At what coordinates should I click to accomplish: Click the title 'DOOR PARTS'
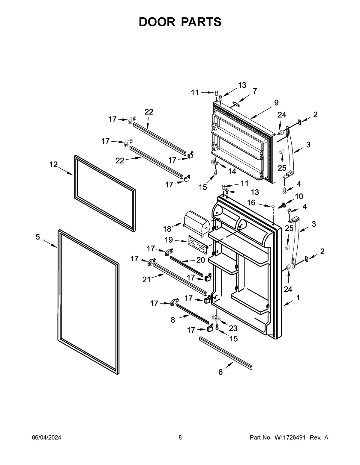[180, 22]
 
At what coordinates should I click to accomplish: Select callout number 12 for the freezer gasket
[53, 164]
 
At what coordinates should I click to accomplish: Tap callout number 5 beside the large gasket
[37, 237]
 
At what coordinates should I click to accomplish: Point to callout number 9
[276, 103]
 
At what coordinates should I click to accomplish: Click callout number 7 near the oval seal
[255, 91]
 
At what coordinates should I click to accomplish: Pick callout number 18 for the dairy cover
[167, 229]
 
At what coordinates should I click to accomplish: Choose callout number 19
[169, 240]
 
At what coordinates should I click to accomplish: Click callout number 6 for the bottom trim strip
[220, 372]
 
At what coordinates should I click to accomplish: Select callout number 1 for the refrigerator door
[298, 298]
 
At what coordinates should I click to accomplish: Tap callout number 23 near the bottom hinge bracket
[233, 328]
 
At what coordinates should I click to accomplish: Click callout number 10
[299, 196]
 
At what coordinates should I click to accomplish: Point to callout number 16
[251, 203]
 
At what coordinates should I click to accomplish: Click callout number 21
[146, 280]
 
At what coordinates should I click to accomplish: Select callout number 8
[173, 320]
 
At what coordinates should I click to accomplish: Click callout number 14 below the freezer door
[232, 171]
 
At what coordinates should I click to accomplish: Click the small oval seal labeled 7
[235, 104]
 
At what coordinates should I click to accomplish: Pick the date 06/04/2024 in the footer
[46, 437]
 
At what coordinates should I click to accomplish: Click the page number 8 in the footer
[180, 437]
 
